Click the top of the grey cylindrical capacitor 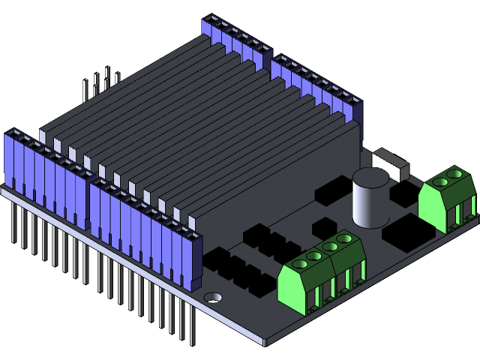click(370, 178)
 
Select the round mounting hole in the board click(213, 297)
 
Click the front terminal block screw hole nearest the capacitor click(345, 238)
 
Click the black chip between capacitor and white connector click(400, 193)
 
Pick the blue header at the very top click(235, 41)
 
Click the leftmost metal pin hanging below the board click(13, 221)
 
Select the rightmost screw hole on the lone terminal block click(453, 174)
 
